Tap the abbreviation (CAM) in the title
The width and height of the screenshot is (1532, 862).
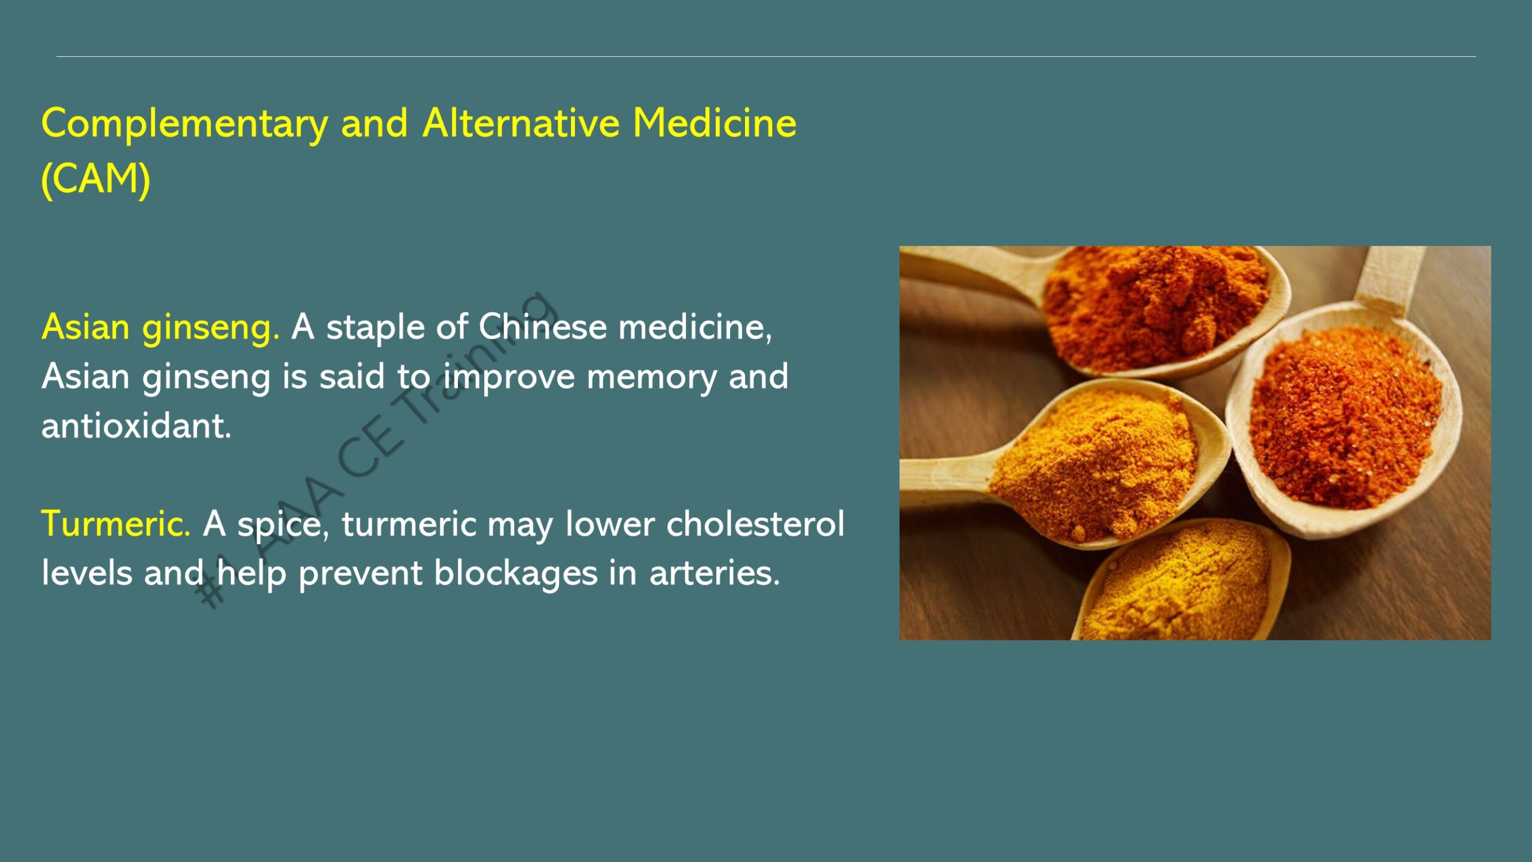pos(96,179)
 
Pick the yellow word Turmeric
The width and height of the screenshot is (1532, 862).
pos(116,524)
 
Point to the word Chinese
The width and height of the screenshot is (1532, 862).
pos(543,327)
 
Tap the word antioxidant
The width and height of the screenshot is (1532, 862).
pos(136,426)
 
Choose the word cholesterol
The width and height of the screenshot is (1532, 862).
pos(755,524)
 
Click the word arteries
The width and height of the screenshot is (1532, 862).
pos(715,573)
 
